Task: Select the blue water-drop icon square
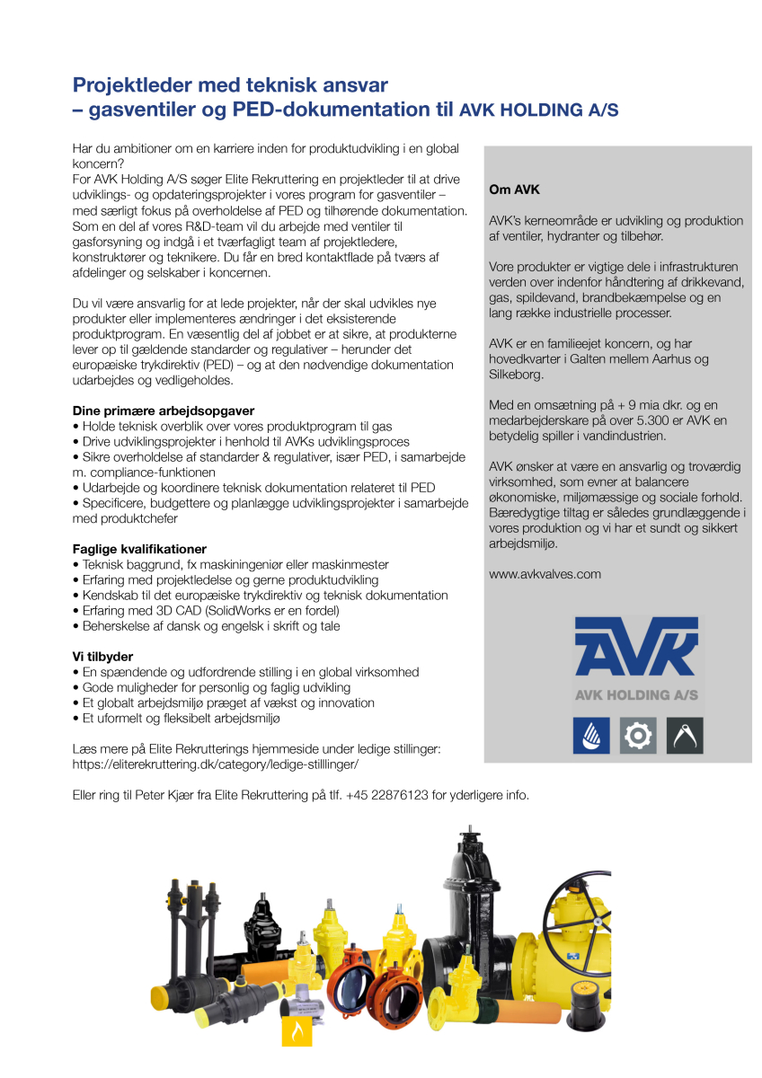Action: [591, 736]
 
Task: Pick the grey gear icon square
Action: [638, 736]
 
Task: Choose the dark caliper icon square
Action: [685, 736]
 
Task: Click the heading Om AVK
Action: [514, 190]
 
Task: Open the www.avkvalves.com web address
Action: [545, 574]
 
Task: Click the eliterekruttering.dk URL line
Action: [216, 764]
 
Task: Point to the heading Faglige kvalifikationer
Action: [139, 549]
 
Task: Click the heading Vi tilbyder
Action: [102, 656]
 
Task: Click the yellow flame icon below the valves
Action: [297, 1031]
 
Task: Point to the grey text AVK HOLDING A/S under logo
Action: [636, 694]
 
